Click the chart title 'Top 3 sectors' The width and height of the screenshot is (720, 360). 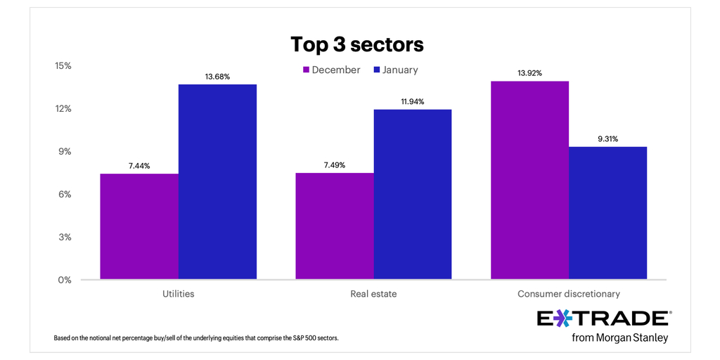pyautogui.click(x=357, y=45)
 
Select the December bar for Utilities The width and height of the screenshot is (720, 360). pyautogui.click(x=139, y=226)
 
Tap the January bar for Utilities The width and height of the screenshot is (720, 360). pyautogui.click(x=217, y=182)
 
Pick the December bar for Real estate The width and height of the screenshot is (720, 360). pyautogui.click(x=334, y=226)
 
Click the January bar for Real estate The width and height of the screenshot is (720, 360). pyautogui.click(x=412, y=195)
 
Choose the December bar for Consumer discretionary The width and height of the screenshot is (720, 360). pyautogui.click(x=529, y=180)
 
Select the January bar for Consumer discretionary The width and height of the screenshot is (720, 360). pyautogui.click(x=607, y=213)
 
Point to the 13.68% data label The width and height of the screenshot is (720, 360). pyautogui.click(x=217, y=76)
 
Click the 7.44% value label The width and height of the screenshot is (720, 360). pyautogui.click(x=139, y=165)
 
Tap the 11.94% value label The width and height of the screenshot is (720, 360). pyautogui.click(x=413, y=101)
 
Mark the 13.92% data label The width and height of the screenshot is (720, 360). pyautogui.click(x=529, y=73)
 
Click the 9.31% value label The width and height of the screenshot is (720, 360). pyautogui.click(x=607, y=139)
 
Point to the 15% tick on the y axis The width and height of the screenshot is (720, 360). pyautogui.click(x=63, y=66)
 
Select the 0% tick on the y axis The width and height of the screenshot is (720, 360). pyautogui.click(x=64, y=280)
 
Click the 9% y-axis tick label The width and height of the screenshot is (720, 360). pyautogui.click(x=64, y=152)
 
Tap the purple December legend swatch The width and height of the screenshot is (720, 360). pyautogui.click(x=306, y=70)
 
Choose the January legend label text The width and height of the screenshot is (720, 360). pyautogui.click(x=399, y=70)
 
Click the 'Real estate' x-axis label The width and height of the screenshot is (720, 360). pyautogui.click(x=373, y=294)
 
